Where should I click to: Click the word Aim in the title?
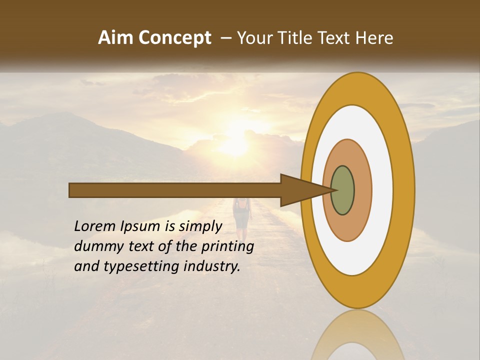pyautogui.click(x=115, y=38)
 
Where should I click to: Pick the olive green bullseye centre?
pyautogui.click(x=343, y=190)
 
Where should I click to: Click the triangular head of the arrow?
pyautogui.click(x=300, y=190)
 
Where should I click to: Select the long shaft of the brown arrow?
pyautogui.click(x=175, y=190)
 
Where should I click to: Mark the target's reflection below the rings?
pyautogui.click(x=357, y=337)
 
